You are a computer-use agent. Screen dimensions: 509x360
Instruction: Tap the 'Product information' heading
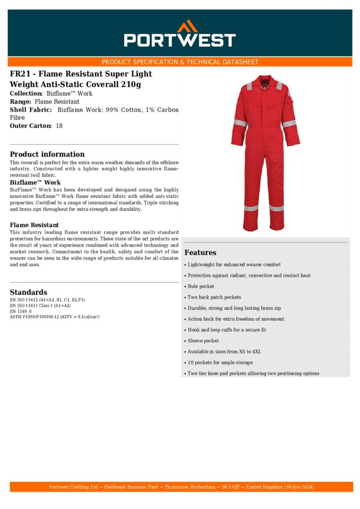click(x=47, y=154)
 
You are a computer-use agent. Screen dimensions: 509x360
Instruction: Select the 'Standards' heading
click(x=28, y=292)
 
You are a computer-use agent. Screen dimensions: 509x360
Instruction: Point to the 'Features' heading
click(x=200, y=253)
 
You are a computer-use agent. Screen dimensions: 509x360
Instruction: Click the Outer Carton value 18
click(x=59, y=126)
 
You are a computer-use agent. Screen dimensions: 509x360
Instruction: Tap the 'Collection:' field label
click(x=26, y=93)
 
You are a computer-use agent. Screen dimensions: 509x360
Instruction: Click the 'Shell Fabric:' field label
click(x=31, y=109)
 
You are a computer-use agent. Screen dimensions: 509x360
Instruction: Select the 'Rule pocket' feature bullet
click(x=201, y=286)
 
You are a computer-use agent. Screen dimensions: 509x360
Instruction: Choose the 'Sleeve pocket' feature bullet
click(x=203, y=341)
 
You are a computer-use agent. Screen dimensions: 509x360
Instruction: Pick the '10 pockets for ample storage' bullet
click(x=220, y=363)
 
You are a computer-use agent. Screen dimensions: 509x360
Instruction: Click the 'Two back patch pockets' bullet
click(x=214, y=297)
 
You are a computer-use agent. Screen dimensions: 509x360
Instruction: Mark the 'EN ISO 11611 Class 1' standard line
click(x=40, y=306)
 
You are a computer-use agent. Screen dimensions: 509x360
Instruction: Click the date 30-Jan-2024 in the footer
click(x=299, y=487)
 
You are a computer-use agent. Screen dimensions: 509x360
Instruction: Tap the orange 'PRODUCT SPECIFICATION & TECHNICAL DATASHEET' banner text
click(x=180, y=62)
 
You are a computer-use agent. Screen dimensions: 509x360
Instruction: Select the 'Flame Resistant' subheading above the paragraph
click(x=34, y=225)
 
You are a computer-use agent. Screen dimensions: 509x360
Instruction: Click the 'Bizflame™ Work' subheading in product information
click(x=35, y=182)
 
